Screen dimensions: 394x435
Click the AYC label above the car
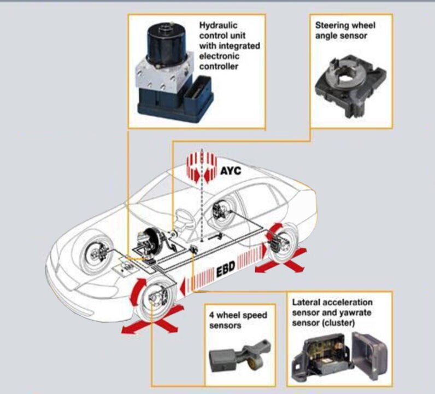pyautogui.click(x=231, y=170)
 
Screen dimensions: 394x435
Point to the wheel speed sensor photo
pyautogui.click(x=240, y=356)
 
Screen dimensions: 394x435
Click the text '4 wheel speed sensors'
pyautogui.click(x=238, y=320)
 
